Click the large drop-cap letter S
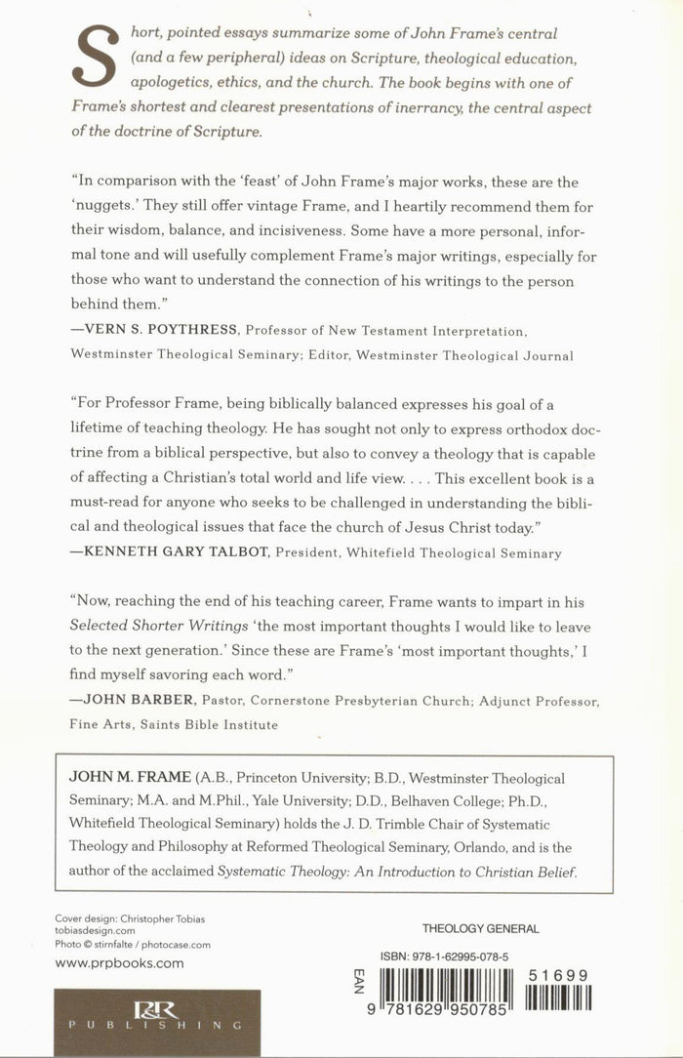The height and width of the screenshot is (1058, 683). tap(96, 67)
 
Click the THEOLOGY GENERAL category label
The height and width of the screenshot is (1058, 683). tap(479, 929)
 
